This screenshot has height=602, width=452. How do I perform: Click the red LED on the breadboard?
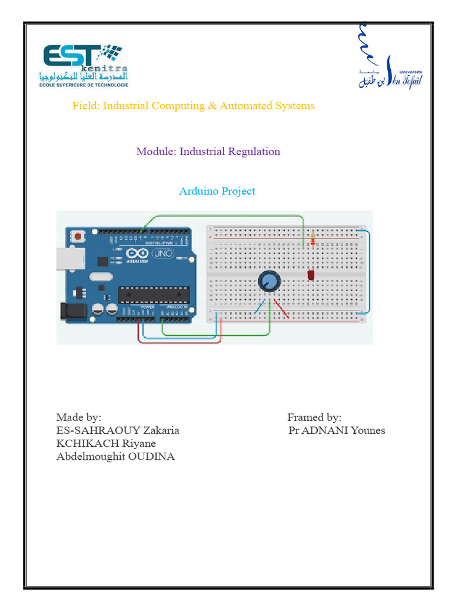[x=310, y=275]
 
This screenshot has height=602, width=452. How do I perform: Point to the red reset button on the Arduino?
[x=77, y=236]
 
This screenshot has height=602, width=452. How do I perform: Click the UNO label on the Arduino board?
[x=161, y=254]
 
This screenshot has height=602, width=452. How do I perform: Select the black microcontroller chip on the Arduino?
[x=154, y=295]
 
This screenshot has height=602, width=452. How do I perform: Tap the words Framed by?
[x=314, y=417]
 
